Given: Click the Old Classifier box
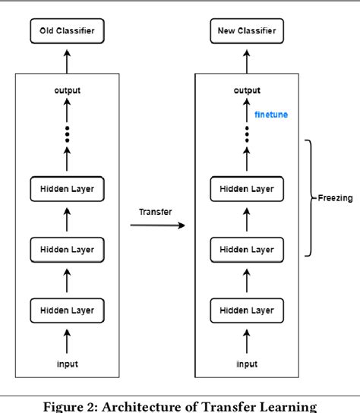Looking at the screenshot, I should click(x=68, y=32).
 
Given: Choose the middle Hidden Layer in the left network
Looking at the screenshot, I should click(x=68, y=247).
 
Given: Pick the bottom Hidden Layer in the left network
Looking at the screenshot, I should click(x=68, y=309).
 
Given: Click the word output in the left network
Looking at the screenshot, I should click(x=68, y=90).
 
